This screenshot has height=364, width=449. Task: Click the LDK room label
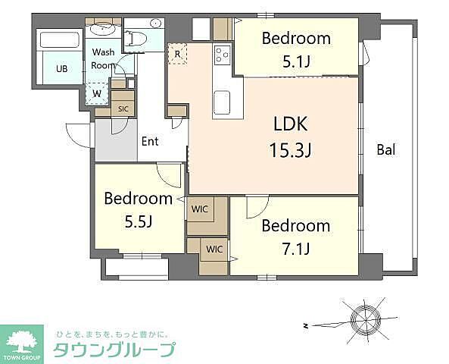290,124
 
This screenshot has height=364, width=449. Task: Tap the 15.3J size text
290,150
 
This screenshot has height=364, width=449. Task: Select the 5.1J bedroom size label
296,61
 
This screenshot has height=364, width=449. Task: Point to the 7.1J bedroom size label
296,249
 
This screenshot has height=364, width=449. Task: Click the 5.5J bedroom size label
139,221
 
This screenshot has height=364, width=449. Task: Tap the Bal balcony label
386,149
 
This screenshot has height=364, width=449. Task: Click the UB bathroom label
62,69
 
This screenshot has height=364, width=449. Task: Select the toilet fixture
136,38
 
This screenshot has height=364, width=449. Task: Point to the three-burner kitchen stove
222,55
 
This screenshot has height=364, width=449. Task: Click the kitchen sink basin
222,102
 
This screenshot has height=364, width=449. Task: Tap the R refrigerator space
177,54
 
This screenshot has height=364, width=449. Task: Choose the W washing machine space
97,93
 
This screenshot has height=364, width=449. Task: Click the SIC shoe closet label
123,109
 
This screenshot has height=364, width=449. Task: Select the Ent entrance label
150,141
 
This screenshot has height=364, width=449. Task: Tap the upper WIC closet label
200,209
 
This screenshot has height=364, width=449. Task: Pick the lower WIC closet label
214,249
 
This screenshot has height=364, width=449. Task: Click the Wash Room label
104,59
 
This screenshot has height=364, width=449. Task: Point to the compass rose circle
366,319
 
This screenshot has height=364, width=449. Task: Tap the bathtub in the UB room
60,40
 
